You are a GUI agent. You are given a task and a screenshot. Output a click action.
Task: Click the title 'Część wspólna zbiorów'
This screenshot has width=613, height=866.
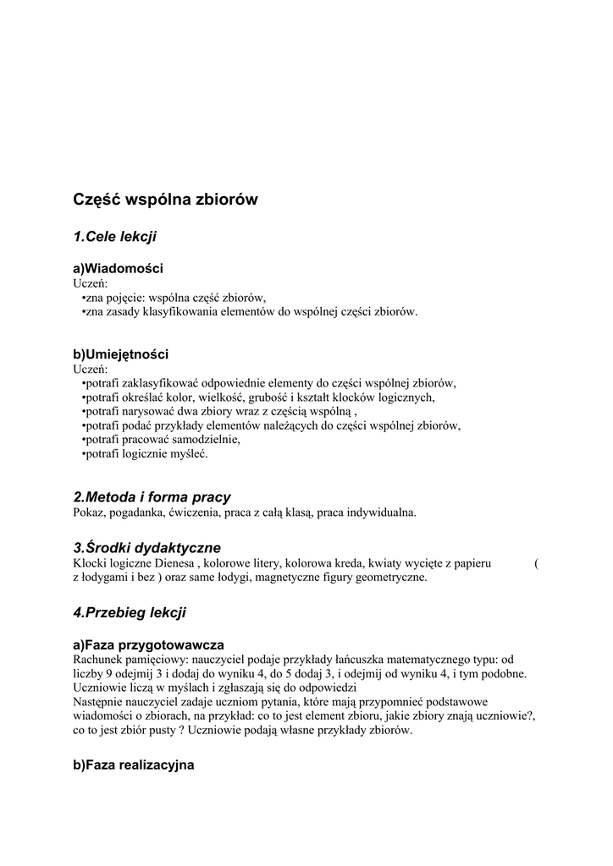165,200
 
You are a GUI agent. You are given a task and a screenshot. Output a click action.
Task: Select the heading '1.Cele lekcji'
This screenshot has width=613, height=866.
115,236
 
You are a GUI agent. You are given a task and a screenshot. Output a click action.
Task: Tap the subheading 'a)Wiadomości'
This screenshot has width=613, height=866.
118,268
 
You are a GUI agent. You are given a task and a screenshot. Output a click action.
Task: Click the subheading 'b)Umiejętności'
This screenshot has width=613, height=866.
121,354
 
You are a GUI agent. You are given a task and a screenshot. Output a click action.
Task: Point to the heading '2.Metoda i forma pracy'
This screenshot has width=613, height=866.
152,497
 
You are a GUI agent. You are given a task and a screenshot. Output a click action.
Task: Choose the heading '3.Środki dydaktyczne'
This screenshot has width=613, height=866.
146,548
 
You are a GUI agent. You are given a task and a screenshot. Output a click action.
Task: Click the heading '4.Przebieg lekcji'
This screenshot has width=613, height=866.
130,611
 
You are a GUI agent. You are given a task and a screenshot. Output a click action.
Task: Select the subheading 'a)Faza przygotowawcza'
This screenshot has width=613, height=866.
148,644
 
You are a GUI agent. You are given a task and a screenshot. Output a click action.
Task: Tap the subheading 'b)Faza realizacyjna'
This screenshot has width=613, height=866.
134,765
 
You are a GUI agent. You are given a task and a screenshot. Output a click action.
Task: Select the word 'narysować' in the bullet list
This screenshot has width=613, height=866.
146,411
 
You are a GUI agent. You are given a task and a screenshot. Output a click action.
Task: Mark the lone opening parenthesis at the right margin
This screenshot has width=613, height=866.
537,563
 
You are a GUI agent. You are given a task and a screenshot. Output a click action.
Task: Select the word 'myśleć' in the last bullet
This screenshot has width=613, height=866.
188,454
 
